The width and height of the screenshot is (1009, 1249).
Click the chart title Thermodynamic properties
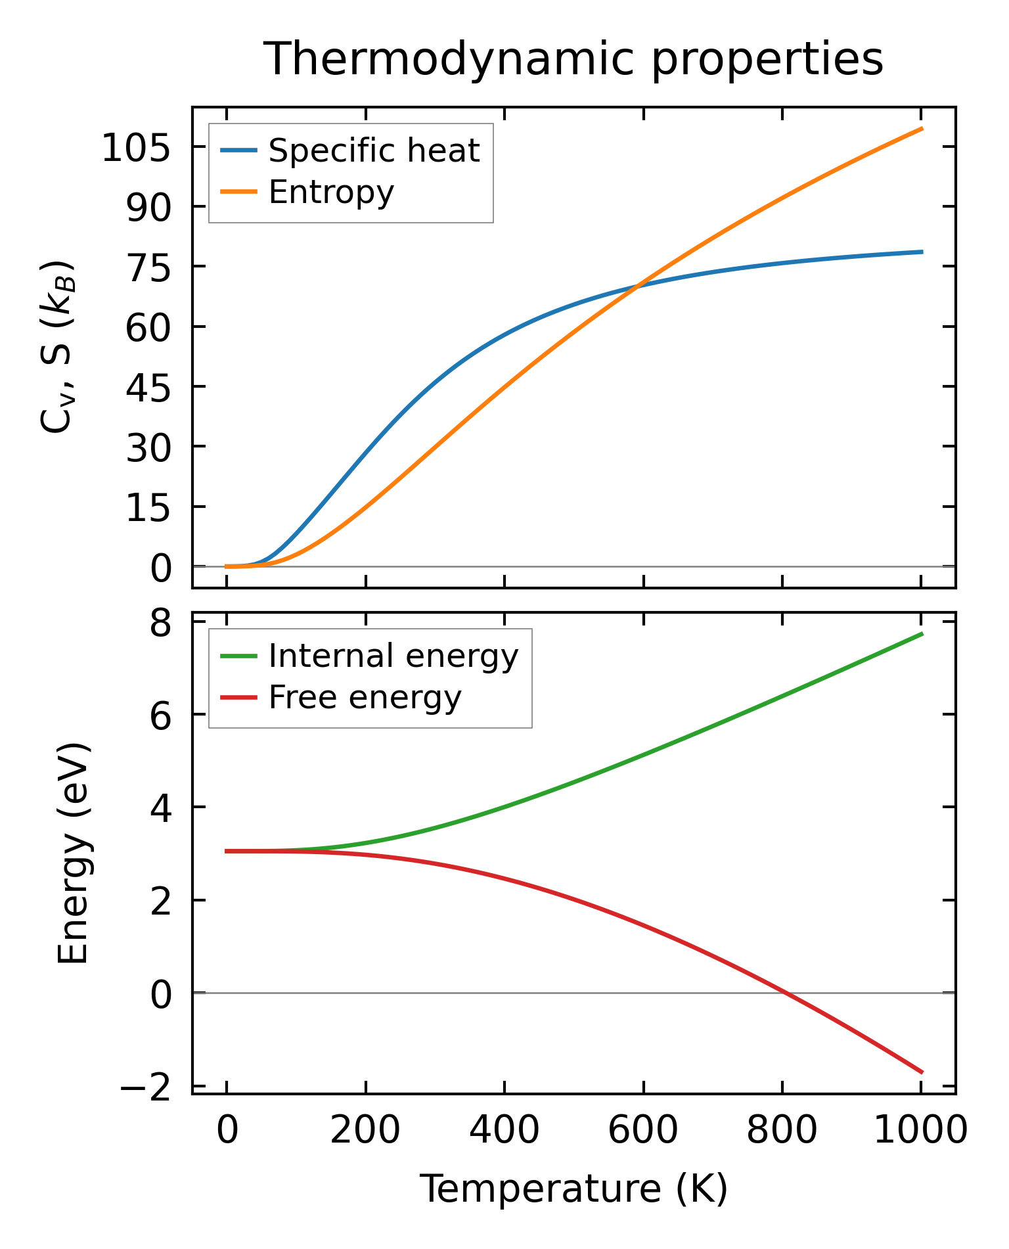[x=573, y=59]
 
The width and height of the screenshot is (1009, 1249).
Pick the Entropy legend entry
[x=331, y=193]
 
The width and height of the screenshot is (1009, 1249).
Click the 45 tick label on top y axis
[x=148, y=387]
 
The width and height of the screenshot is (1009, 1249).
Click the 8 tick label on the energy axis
[x=160, y=623]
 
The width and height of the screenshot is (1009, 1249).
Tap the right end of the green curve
[x=922, y=633]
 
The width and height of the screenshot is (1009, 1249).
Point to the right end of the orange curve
[x=922, y=129]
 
